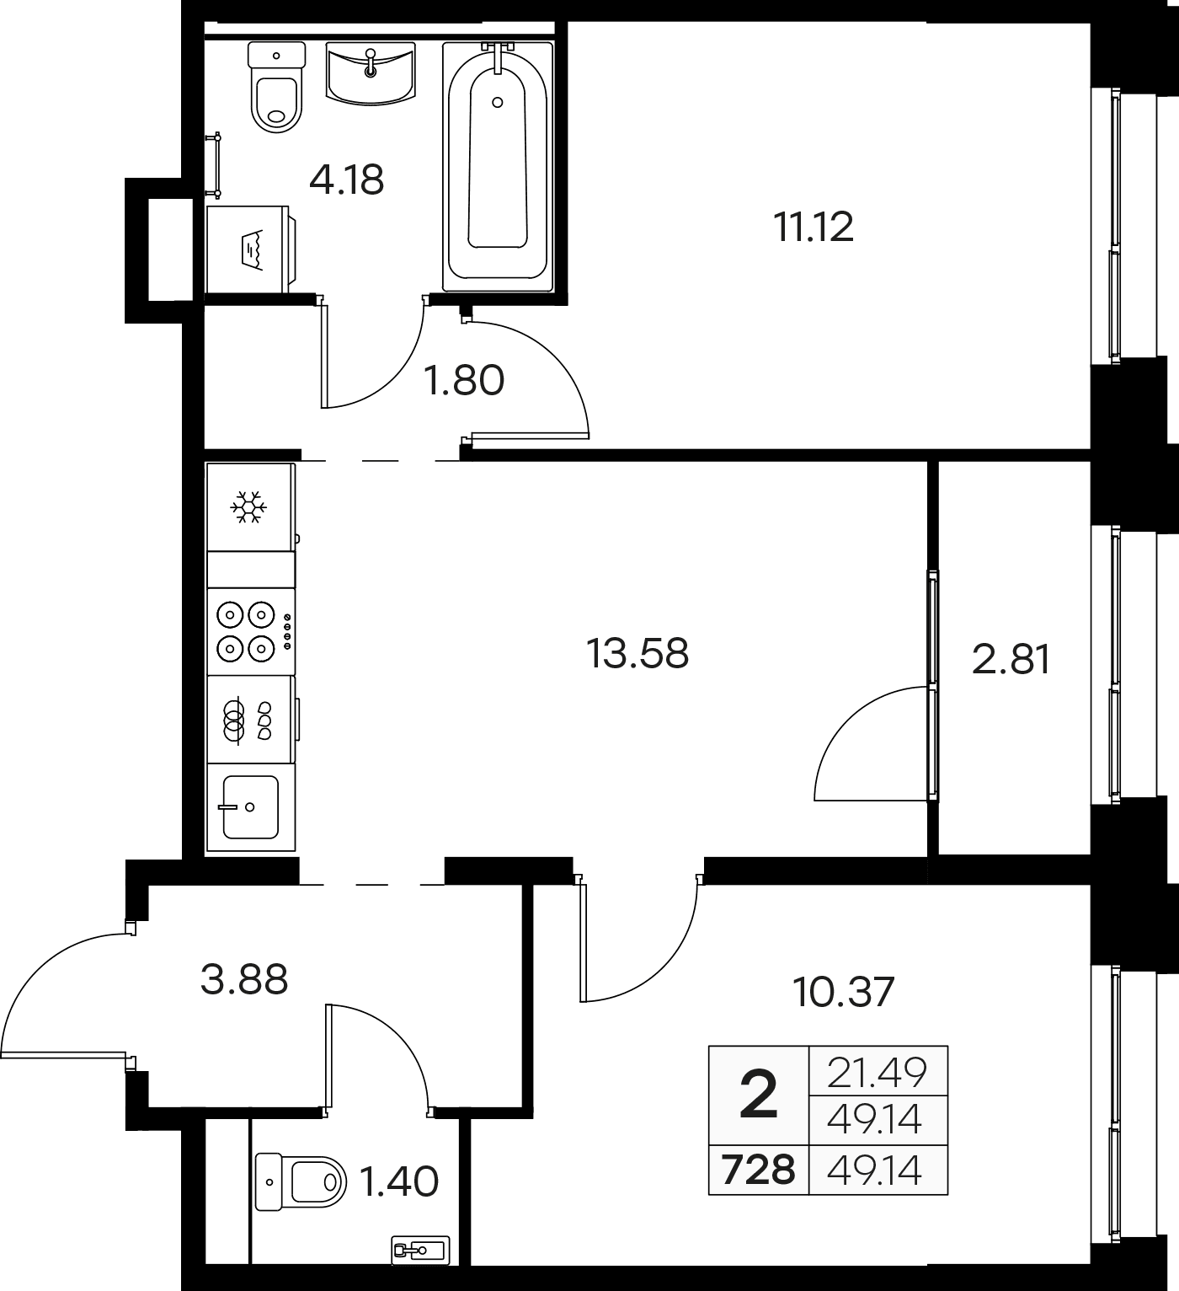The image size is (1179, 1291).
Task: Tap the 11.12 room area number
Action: point(813,228)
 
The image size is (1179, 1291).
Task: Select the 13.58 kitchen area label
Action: point(638,653)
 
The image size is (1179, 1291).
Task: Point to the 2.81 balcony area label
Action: point(1011,660)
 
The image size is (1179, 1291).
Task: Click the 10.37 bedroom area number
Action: point(843,992)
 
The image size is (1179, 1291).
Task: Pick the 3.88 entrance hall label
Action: point(243,980)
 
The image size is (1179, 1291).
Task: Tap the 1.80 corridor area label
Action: point(463,380)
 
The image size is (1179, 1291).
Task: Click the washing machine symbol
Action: point(252,249)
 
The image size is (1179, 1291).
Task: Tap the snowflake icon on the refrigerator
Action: point(249,506)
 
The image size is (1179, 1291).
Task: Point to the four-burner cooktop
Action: point(252,631)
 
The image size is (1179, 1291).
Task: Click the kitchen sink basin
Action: point(251,807)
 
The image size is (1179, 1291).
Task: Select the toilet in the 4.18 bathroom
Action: point(276,87)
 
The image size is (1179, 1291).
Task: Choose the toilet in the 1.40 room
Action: point(301,1181)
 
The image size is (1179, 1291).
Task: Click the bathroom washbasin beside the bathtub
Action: point(371,72)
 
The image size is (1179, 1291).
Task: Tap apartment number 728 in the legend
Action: point(758,1170)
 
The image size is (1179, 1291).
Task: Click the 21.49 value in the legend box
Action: point(877,1072)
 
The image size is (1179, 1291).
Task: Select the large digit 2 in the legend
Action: point(759,1093)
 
